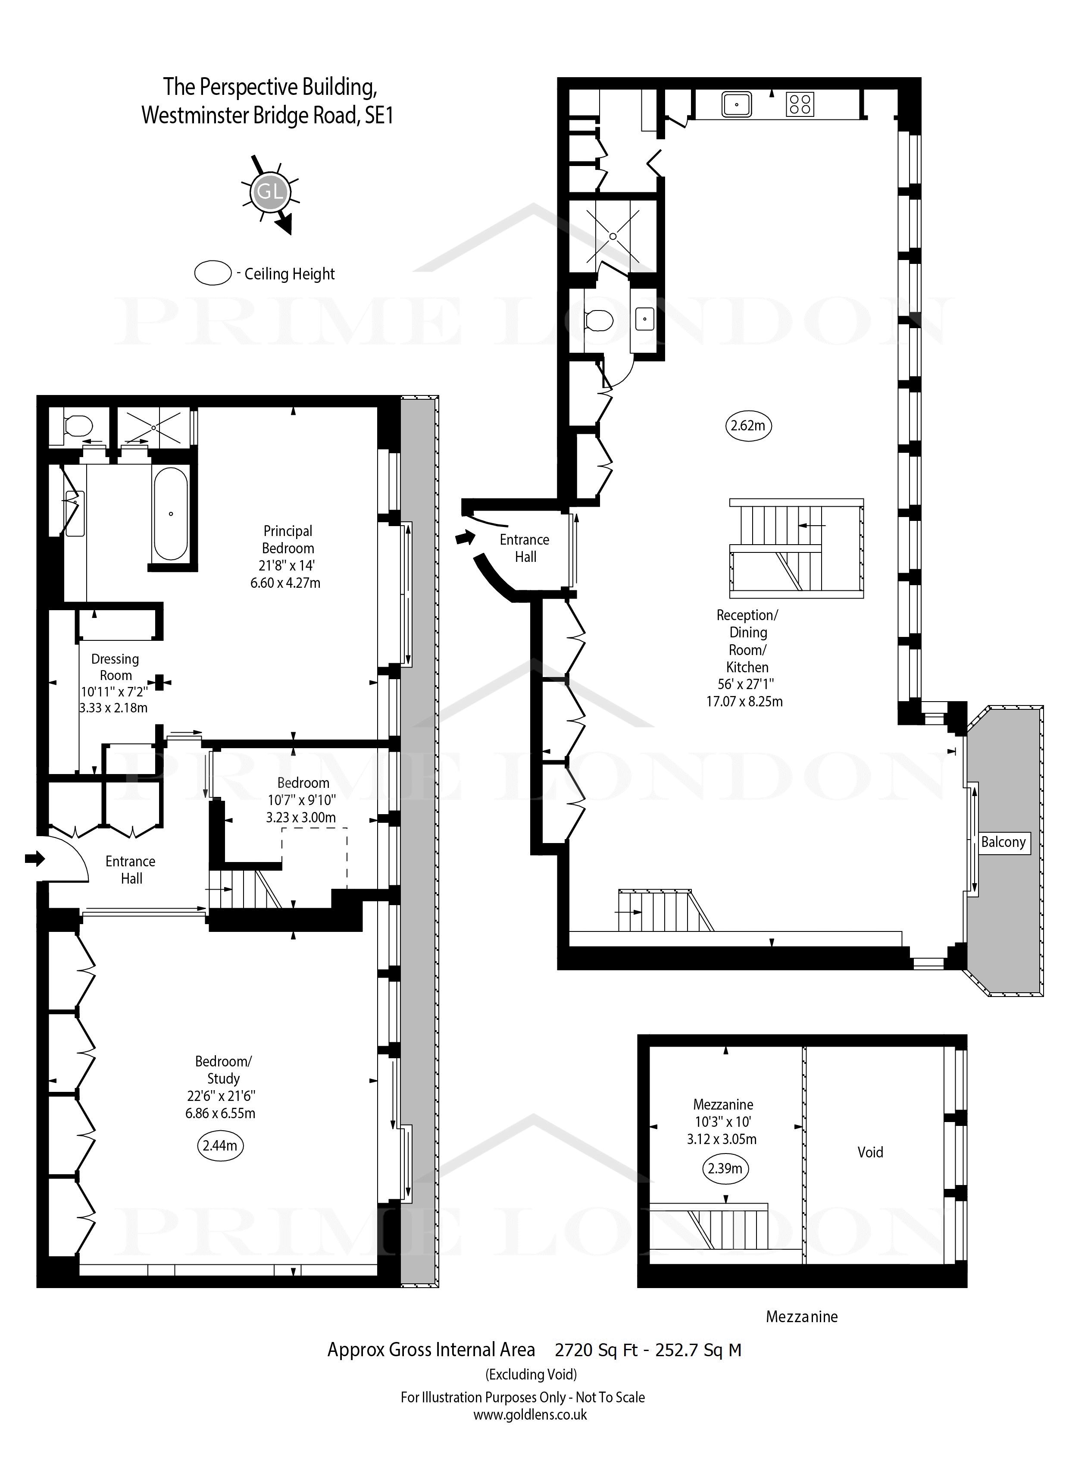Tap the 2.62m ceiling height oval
tap(747, 425)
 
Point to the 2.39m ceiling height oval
tap(725, 1168)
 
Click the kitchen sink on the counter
tap(736, 104)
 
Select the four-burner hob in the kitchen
tap(800, 104)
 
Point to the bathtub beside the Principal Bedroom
tap(171, 514)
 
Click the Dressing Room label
tap(115, 667)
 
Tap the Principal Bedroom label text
tap(288, 539)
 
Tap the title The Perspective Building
tap(269, 86)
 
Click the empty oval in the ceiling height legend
tap(213, 273)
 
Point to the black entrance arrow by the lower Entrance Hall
tap(35, 858)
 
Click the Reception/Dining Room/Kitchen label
tap(747, 641)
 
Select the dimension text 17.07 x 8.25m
tap(745, 701)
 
